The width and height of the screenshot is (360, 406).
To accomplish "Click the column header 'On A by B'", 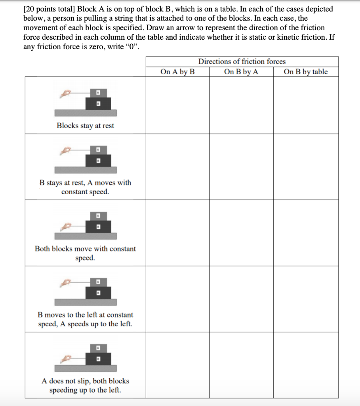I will tap(177, 72).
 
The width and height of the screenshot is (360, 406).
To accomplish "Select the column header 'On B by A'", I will tap(241, 72).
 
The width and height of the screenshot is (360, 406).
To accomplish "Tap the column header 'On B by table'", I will tap(306, 72).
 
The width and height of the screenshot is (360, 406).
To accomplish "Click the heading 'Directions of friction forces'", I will tap(242, 61).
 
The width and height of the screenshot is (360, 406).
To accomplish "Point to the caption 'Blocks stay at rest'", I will tap(85, 126).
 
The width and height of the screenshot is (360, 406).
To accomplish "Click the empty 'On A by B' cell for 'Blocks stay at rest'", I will tap(177, 105).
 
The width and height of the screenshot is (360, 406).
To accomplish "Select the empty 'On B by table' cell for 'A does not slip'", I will tap(306, 365).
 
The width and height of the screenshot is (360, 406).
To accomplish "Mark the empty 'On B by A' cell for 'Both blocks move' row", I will tap(241, 233).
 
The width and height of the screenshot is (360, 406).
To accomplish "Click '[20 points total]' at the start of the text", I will tap(49, 9).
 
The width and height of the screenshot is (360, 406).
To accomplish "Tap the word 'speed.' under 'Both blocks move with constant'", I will tap(85, 258).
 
